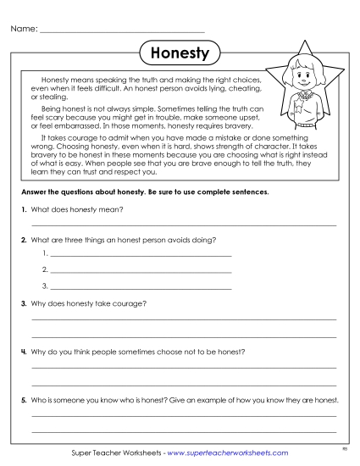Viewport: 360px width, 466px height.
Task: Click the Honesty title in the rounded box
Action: pos(179,53)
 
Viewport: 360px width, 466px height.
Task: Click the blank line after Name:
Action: pos(123,31)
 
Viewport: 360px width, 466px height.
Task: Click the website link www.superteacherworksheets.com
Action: pos(228,452)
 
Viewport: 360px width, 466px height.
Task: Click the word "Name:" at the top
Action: pos(24,29)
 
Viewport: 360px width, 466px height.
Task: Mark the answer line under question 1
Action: pos(183,225)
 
